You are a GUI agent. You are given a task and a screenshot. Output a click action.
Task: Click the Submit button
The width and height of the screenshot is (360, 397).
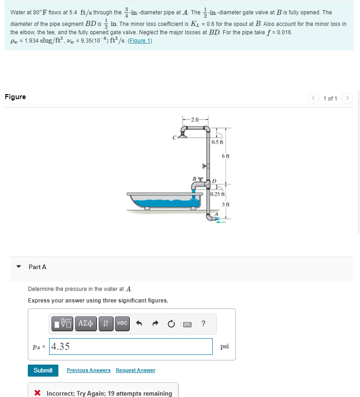[x=43, y=370]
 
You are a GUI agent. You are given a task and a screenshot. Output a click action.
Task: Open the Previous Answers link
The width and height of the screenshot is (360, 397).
[x=88, y=370]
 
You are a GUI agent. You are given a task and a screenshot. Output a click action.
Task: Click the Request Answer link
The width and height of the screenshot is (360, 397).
[x=135, y=370]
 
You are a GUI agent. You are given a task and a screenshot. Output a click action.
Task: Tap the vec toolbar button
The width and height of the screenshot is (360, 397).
[x=122, y=323]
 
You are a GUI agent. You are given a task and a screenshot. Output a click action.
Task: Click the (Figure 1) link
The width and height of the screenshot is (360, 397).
[x=141, y=41]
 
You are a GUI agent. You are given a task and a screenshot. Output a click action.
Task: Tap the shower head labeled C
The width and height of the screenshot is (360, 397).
[x=182, y=136]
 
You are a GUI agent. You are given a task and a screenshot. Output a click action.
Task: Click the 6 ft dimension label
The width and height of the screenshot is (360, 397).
[x=226, y=157]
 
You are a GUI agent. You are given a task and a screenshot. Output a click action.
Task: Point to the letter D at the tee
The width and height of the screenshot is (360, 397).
[x=215, y=181]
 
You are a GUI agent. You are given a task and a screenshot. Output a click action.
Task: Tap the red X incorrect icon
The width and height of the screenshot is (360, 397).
[x=38, y=393]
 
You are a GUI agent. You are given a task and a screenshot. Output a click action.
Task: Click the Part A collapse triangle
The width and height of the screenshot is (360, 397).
[x=19, y=267]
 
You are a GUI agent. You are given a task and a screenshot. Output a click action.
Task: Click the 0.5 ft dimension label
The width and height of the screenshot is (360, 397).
[x=218, y=142]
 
